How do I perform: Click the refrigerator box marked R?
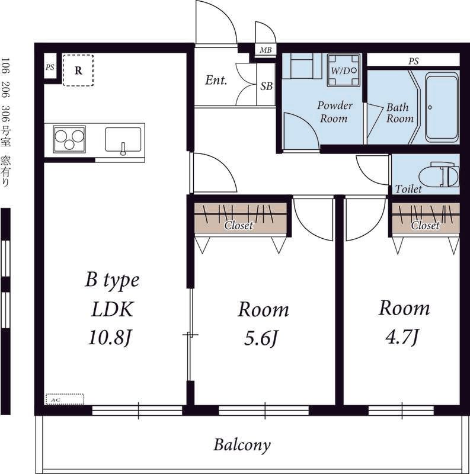pyautogui.click(x=78, y=71)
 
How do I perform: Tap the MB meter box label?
pyautogui.click(x=266, y=50)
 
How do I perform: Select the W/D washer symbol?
pyautogui.click(x=344, y=71)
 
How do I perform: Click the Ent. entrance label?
pyautogui.click(x=216, y=80)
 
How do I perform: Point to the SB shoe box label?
pyautogui.click(x=267, y=87)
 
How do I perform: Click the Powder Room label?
pyautogui.click(x=334, y=112)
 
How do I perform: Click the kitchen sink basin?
pyautogui.click(x=123, y=140)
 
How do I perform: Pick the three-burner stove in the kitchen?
pyautogui.click(x=69, y=139)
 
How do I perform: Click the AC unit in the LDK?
pyautogui.click(x=65, y=399)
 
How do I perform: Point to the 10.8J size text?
pyautogui.click(x=110, y=337)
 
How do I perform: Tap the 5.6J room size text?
pyautogui.click(x=260, y=338)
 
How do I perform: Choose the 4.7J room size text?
pyautogui.click(x=402, y=337)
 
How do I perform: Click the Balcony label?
pyautogui.click(x=242, y=446)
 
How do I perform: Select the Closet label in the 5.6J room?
pyautogui.click(x=239, y=225)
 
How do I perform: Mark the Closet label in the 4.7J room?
pyautogui.click(x=425, y=225)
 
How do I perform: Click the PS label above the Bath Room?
pyautogui.click(x=414, y=61)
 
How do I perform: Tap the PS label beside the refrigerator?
pyautogui.click(x=50, y=67)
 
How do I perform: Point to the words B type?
pyautogui.click(x=112, y=280)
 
